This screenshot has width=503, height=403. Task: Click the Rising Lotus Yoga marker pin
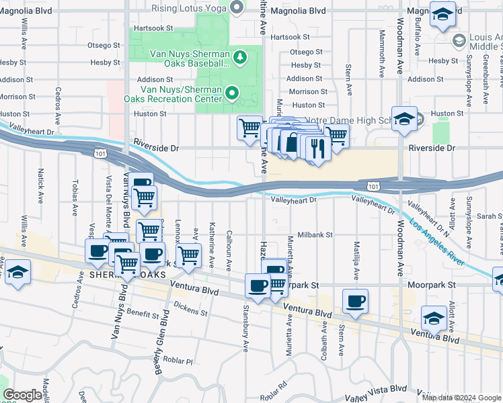tap(236, 8)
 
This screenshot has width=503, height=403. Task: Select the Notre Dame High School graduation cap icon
tap(403, 120)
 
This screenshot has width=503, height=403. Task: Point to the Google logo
tap(22, 395)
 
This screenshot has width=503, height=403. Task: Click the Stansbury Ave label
tap(245, 328)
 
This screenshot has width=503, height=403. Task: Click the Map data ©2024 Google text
tap(461, 397)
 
